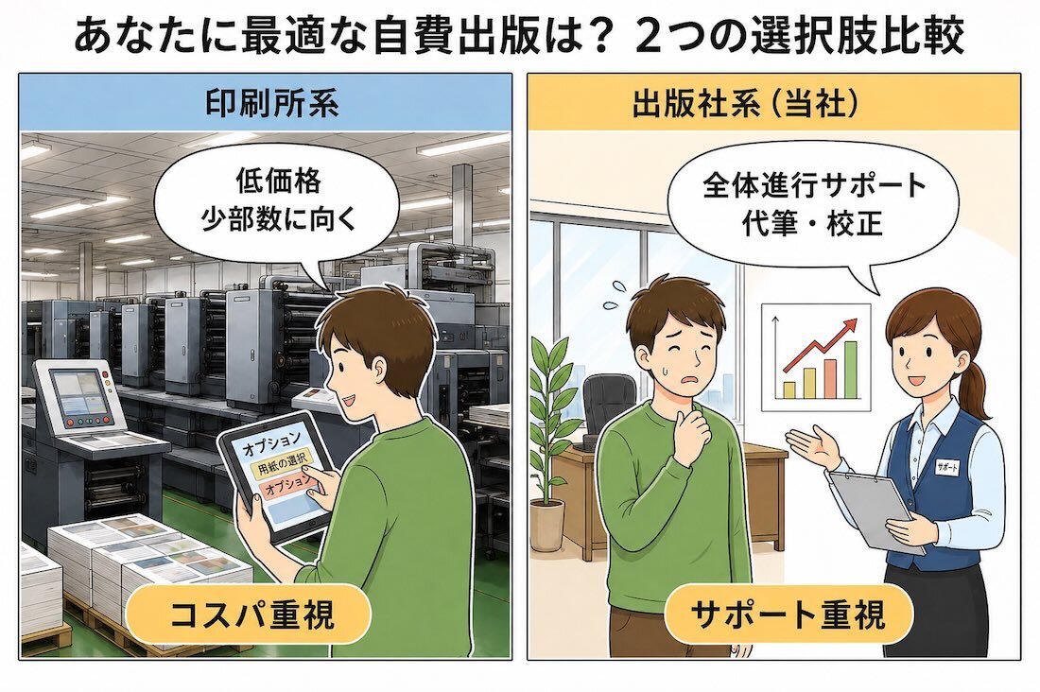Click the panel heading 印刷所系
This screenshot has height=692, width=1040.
tap(271, 103)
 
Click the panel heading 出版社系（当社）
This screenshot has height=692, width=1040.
tap(746, 103)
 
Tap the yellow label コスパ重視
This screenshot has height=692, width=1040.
tap(250, 614)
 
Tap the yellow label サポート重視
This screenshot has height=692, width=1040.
tap(787, 614)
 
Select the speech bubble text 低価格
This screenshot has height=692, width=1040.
tap(278, 182)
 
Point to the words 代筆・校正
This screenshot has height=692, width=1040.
tap(811, 223)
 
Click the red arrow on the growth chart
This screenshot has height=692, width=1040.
tap(820, 345)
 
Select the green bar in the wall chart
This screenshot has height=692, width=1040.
tap(850, 370)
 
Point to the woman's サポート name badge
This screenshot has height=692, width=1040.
tap(946, 466)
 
